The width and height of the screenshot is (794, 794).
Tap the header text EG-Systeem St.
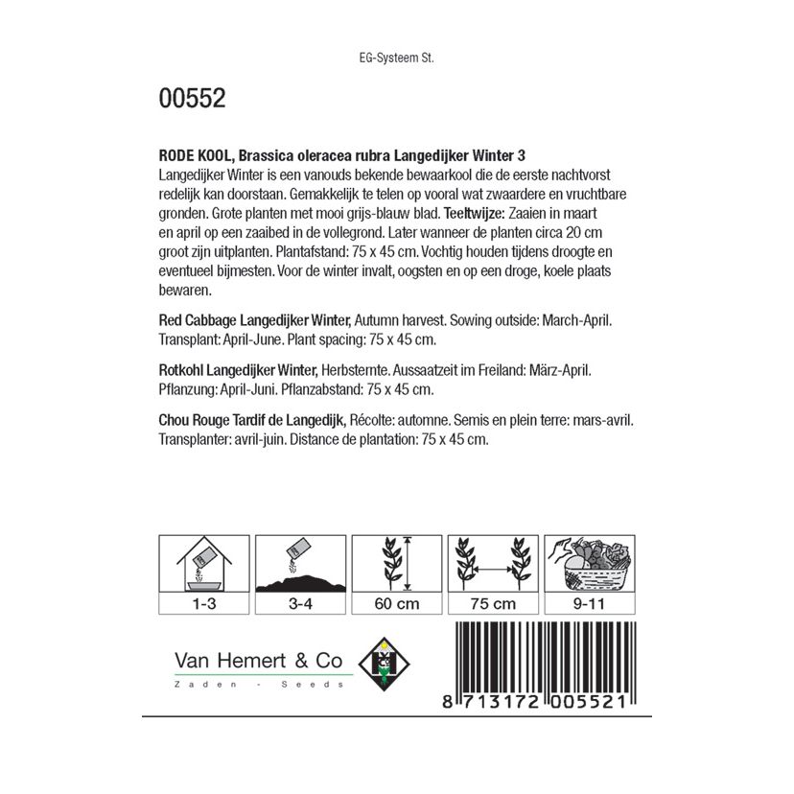coord(395,58)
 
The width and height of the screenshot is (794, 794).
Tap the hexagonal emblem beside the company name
coord(383,665)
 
